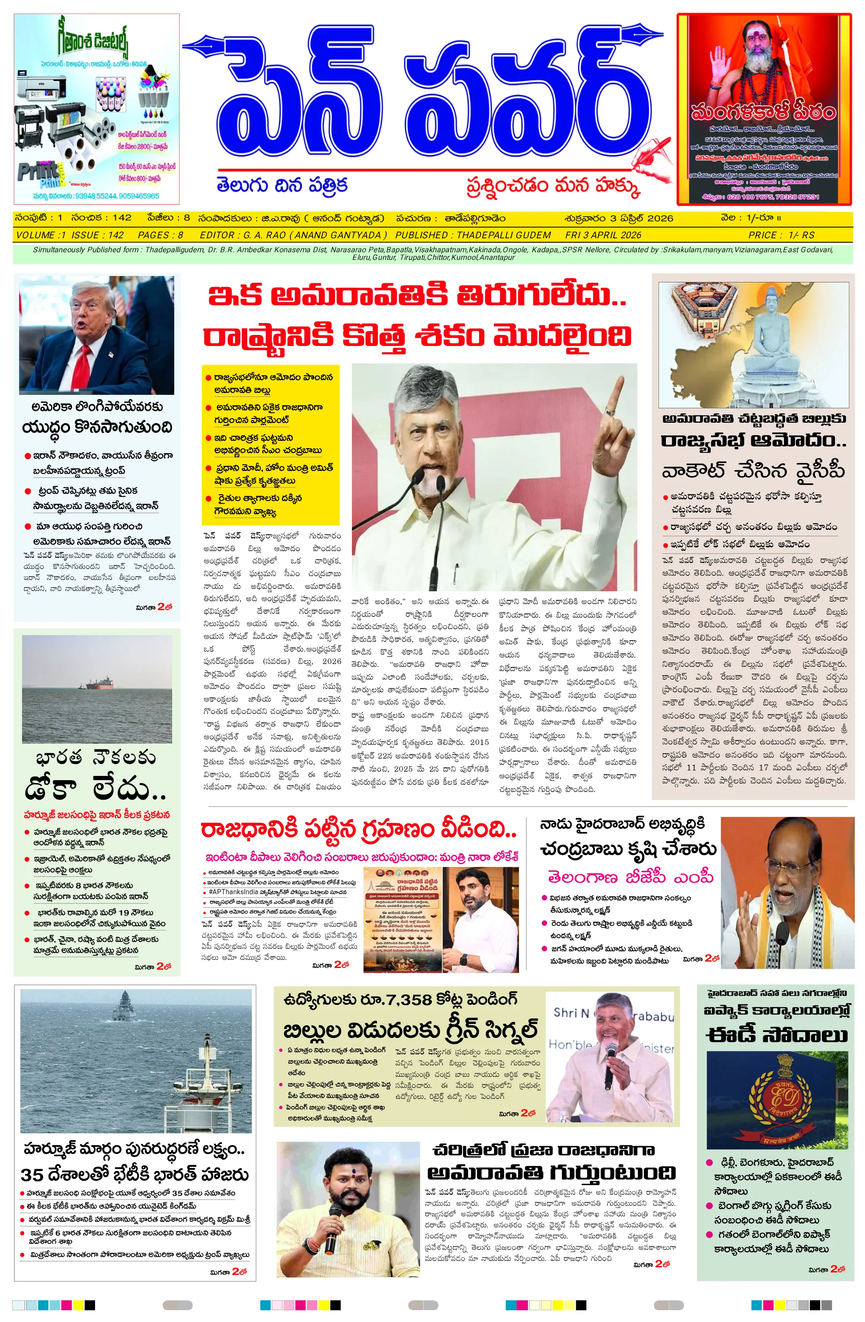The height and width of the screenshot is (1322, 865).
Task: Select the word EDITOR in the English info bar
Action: [217, 235]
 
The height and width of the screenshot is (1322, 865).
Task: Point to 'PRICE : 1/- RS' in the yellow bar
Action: [781, 235]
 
